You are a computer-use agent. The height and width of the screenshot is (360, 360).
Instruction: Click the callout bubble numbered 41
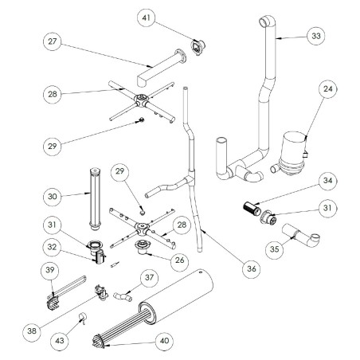tap(146, 17)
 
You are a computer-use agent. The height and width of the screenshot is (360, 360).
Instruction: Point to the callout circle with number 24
tap(329, 91)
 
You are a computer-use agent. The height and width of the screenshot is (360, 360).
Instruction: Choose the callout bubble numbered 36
tap(252, 269)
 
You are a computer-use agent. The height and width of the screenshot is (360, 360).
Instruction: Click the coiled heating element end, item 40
tap(106, 338)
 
